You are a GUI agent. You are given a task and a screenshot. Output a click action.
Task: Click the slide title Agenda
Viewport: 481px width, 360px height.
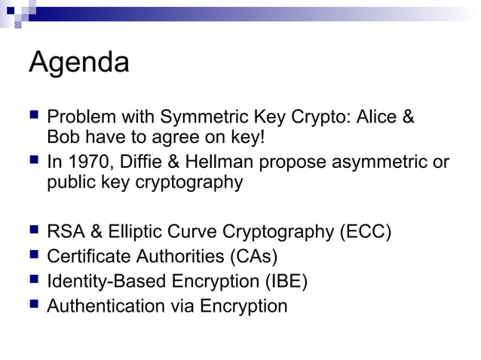pyautogui.click(x=78, y=63)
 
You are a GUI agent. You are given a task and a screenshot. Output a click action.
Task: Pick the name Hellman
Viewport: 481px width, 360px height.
pyautogui.click(x=208, y=163)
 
